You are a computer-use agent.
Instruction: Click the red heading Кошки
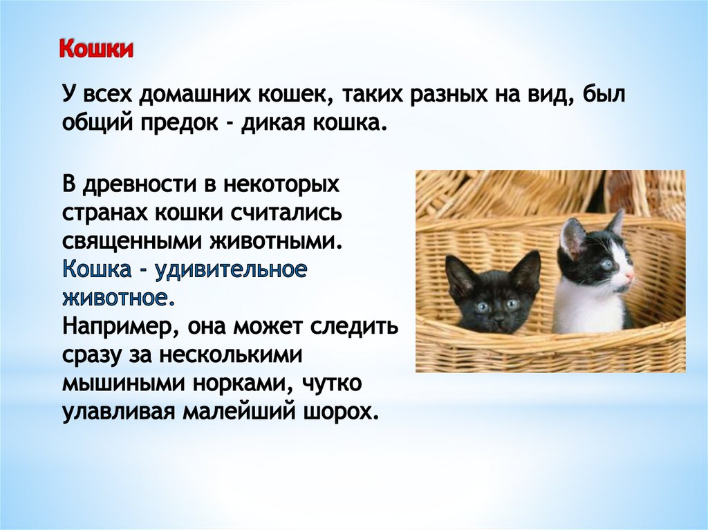coord(96,50)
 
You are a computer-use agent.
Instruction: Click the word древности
coord(138,184)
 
